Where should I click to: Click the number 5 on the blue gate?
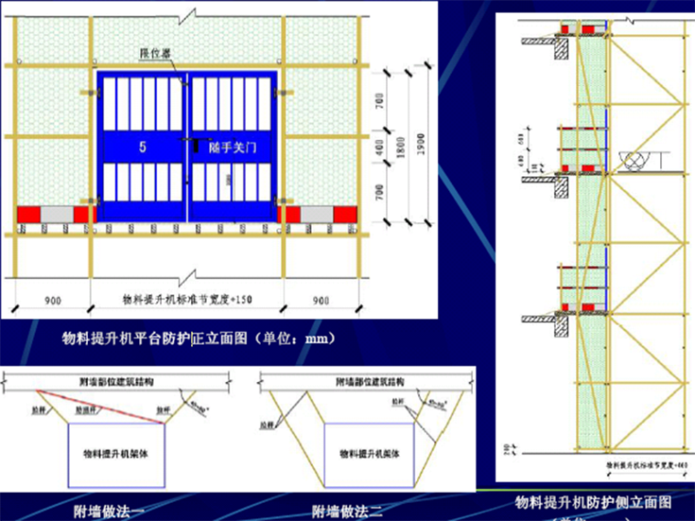(x=143, y=146)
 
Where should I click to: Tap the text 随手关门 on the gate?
(x=230, y=146)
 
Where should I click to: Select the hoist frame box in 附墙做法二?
(x=364, y=452)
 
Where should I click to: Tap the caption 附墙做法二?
(x=343, y=510)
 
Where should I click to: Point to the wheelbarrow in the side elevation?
(x=634, y=159)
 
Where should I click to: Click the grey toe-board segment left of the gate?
(x=56, y=215)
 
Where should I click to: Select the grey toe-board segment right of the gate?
(x=316, y=215)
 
